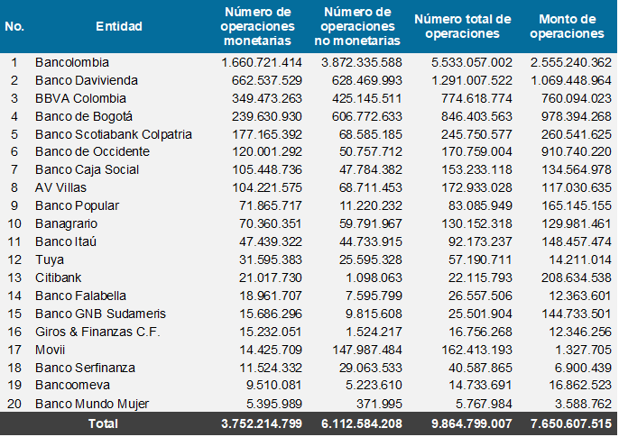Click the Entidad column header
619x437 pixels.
pos(119,26)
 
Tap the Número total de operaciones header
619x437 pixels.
pos(463,26)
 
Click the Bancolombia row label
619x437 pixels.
pos(72,62)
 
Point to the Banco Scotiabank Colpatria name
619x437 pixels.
pos(114,134)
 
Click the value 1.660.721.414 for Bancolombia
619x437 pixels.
pos(261,62)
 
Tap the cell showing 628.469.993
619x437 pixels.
pos(362,80)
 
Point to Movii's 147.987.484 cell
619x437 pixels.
pos(362,349)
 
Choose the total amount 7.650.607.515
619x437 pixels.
pos(566,423)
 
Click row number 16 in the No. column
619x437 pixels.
pos(14,331)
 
